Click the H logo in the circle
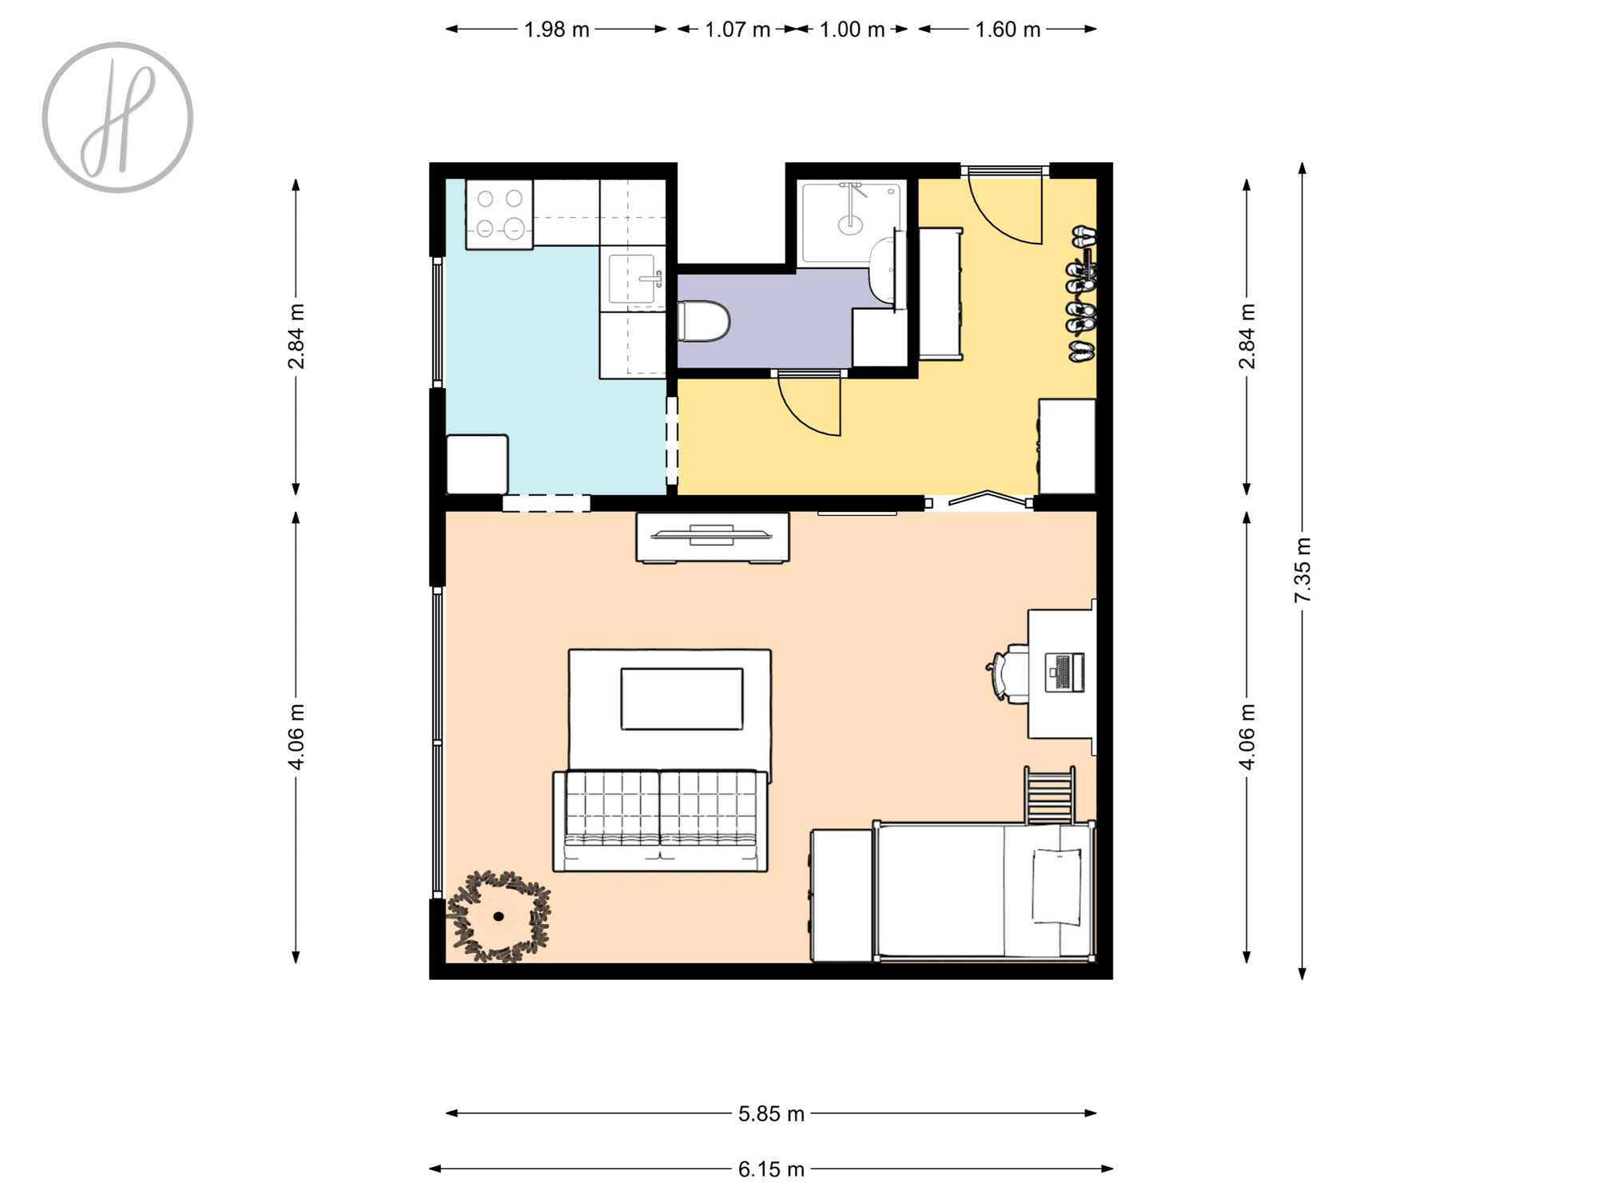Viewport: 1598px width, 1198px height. (x=117, y=117)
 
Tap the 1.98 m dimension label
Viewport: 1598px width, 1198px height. (x=556, y=30)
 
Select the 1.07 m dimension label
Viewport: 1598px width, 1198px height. (x=737, y=30)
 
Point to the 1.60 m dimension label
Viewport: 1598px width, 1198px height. (x=1007, y=30)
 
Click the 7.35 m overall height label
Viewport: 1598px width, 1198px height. (x=1302, y=570)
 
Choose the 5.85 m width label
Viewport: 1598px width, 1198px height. (x=771, y=1113)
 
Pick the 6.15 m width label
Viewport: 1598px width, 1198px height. (x=771, y=1169)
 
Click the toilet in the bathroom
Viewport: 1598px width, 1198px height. (x=704, y=321)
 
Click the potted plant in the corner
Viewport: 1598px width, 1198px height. (x=499, y=916)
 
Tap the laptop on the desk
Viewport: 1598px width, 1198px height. (x=1065, y=672)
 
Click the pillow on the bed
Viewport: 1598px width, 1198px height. (x=1057, y=887)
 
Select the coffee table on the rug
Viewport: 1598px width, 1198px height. (x=682, y=699)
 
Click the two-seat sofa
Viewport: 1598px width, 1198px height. (x=660, y=821)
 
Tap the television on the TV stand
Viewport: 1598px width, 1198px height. (x=712, y=534)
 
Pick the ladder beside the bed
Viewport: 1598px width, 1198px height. (x=1050, y=795)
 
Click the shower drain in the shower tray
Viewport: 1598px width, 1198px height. (x=850, y=225)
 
